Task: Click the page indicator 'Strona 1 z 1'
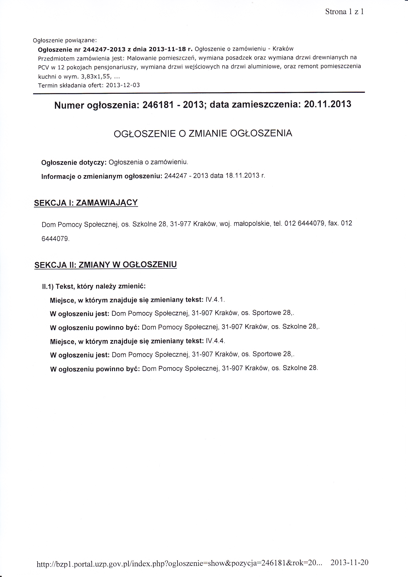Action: click(x=344, y=12)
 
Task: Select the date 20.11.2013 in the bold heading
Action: click(x=327, y=104)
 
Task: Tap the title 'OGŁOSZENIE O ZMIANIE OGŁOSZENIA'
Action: click(x=203, y=133)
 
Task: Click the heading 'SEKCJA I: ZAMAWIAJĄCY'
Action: click(x=86, y=203)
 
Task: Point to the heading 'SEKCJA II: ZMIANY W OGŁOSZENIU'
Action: click(x=105, y=265)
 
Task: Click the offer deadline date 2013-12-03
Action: click(x=123, y=85)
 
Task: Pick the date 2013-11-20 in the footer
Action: click(x=349, y=562)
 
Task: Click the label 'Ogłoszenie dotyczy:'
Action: click(x=74, y=163)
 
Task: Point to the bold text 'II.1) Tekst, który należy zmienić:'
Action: click(x=94, y=286)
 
